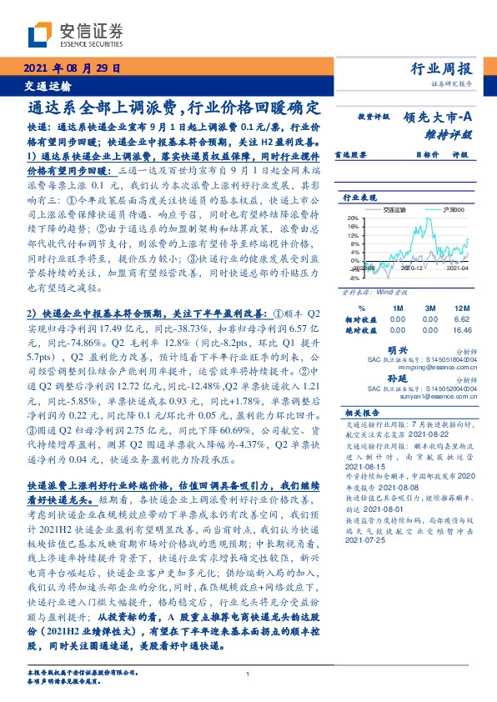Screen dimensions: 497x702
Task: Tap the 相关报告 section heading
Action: click(360, 412)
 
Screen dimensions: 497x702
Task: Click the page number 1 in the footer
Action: click(248, 674)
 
